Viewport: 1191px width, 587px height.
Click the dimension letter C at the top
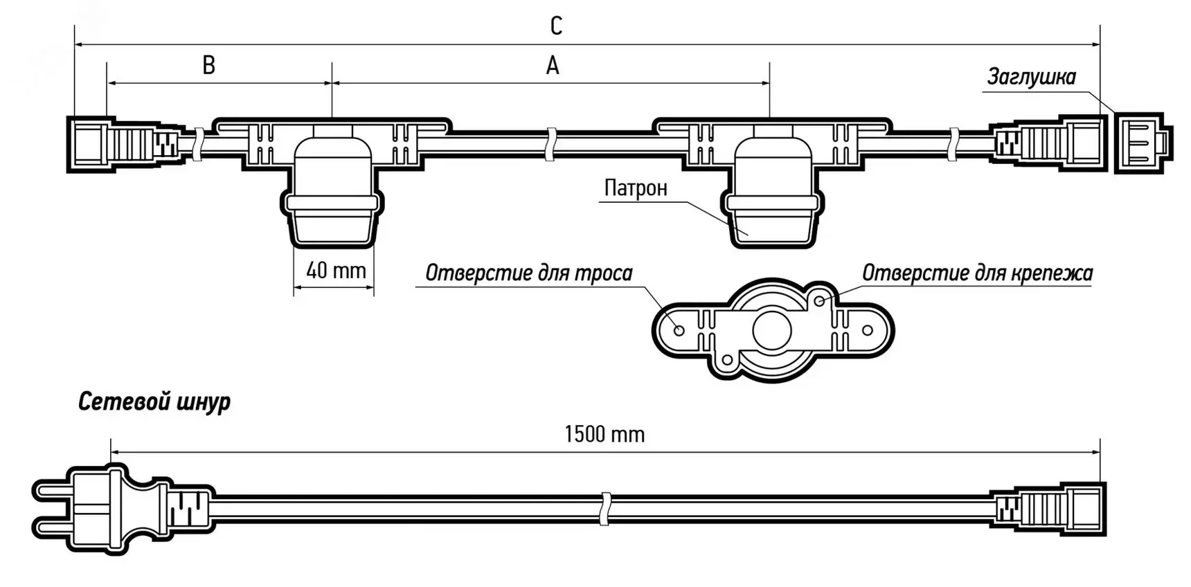pyautogui.click(x=556, y=26)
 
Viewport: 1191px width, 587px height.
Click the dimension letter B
pyautogui.click(x=208, y=65)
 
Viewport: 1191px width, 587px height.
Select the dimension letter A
pyautogui.click(x=552, y=66)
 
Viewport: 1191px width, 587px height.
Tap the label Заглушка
pyautogui.click(x=1031, y=77)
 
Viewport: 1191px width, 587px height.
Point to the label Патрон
pyautogui.click(x=636, y=188)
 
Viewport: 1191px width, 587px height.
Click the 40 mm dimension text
pyautogui.click(x=336, y=270)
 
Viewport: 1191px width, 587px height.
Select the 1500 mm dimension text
pyautogui.click(x=605, y=434)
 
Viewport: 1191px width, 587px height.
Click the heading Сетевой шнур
pyautogui.click(x=154, y=401)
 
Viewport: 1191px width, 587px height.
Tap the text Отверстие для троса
pyautogui.click(x=528, y=273)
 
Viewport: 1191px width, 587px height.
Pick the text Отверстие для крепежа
pyautogui.click(x=976, y=273)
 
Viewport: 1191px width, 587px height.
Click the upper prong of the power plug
pyautogui.click(x=51, y=491)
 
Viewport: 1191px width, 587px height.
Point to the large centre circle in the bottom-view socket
pyautogui.click(x=771, y=331)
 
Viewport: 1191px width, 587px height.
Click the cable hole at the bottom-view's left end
pyautogui.click(x=679, y=330)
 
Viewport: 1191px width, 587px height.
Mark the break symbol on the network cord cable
pyautogui.click(x=605, y=509)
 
